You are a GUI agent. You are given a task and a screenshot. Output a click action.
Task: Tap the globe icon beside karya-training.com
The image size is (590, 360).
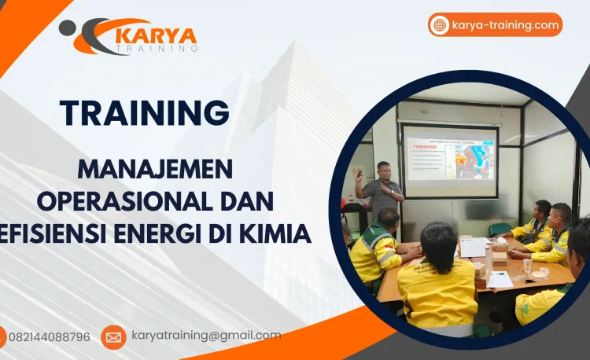tap(440, 25)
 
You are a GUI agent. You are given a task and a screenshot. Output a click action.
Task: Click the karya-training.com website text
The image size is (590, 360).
tap(505, 25)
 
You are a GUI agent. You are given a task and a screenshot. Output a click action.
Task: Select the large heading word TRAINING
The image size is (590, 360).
tap(144, 113)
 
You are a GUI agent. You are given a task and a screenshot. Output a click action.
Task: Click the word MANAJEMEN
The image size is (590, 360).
tap(155, 169)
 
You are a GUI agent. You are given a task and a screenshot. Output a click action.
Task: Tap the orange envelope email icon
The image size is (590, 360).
tap(113, 337)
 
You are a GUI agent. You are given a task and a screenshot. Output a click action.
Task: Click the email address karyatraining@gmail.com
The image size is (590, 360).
tap(206, 336)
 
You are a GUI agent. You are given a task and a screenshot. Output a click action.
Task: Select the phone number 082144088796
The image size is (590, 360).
tap(49, 337)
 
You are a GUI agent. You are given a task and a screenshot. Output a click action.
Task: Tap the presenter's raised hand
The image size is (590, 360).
tap(357, 171)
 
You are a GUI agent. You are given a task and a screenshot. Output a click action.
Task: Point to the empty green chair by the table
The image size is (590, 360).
tap(500, 230)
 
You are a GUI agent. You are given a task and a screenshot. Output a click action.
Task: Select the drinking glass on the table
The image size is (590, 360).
tap(527, 266)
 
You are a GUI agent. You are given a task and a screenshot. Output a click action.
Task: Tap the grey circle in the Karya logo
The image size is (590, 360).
tap(68, 28)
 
